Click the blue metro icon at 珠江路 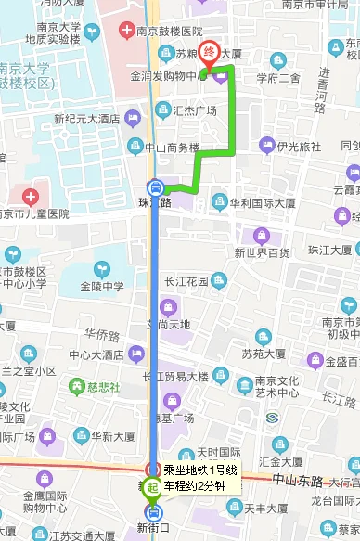pos(156,186)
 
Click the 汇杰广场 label pos(194,110)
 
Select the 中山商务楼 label pos(173,147)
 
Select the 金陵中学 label pos(103,286)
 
